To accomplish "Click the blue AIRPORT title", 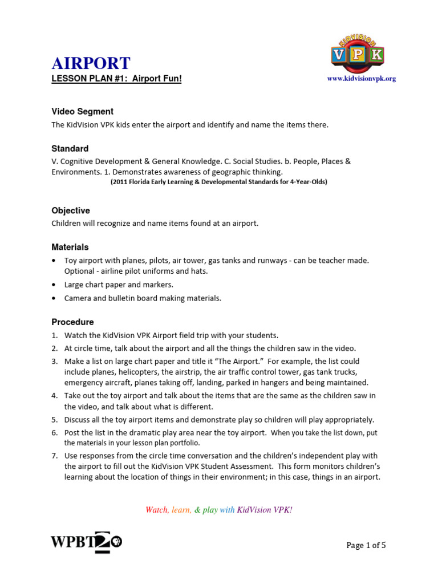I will (91, 63).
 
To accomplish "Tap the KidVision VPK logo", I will (358, 53).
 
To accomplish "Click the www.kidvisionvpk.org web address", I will (361, 79).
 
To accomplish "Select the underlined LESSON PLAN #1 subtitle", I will (116, 79).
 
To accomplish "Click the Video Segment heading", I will (82, 111).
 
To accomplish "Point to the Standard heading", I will (70, 148).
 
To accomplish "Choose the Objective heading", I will (71, 210).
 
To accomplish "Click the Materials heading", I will (70, 247).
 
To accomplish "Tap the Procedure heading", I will (72, 322).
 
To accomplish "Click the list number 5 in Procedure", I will (55, 420).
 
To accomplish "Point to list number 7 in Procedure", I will (55, 456).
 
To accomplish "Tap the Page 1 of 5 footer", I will (366, 545).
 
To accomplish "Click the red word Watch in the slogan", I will (157, 509).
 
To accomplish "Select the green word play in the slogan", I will (210, 509).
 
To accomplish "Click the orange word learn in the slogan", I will (181, 509).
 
